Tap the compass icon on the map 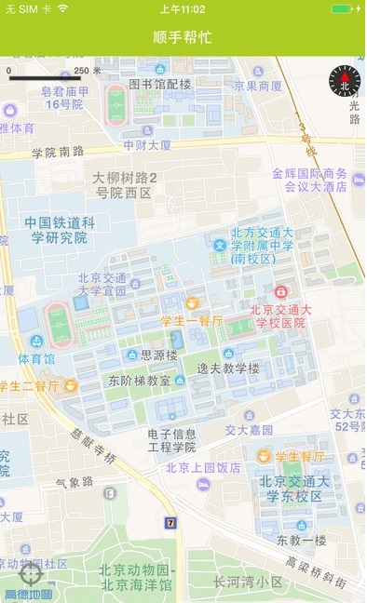click(344, 81)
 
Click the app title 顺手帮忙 click(183, 37)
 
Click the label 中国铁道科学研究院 click(60, 230)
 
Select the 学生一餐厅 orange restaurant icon click(192, 303)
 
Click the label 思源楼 click(158, 355)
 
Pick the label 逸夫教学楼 click(228, 368)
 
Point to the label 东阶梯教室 click(140, 381)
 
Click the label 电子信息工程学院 click(172, 439)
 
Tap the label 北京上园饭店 click(203, 467)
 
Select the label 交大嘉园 click(249, 430)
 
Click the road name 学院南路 click(58, 152)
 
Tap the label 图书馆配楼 click(159, 85)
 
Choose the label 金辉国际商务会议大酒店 click(309, 180)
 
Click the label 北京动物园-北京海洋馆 click(137, 577)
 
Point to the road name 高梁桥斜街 click(317, 574)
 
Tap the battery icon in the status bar click(342, 8)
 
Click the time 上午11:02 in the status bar click(183, 8)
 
